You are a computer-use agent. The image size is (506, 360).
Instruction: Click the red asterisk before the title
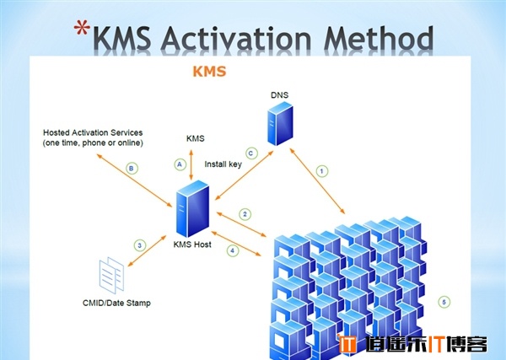point(82,28)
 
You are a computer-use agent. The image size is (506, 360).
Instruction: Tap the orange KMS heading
point(209,72)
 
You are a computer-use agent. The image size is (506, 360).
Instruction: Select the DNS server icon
point(280,124)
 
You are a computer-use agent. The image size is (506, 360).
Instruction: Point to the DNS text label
point(279,94)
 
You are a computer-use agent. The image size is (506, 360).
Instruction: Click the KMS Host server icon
point(192,209)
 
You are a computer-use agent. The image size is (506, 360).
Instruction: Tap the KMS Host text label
point(192,244)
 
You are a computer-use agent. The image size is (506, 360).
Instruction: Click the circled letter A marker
point(180,164)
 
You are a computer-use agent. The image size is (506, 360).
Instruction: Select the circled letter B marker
point(132,169)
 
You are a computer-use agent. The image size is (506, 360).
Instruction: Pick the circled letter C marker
point(251,153)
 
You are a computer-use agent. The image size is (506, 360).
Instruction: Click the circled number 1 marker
point(321,171)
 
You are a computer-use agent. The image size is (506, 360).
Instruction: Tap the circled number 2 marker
point(245,214)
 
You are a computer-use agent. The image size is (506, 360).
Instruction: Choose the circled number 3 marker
point(140,245)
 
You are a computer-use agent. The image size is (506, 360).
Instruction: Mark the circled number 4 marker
point(233,250)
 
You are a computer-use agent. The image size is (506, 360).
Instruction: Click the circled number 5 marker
point(444,302)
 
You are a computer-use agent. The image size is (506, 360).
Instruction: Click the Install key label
point(223,164)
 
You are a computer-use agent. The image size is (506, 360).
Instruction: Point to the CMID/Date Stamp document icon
point(111,275)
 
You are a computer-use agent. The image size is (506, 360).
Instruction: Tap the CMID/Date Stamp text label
point(117,303)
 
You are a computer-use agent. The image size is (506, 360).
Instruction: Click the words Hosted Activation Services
point(93,132)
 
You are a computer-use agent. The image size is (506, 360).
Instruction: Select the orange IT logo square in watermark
point(347,344)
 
